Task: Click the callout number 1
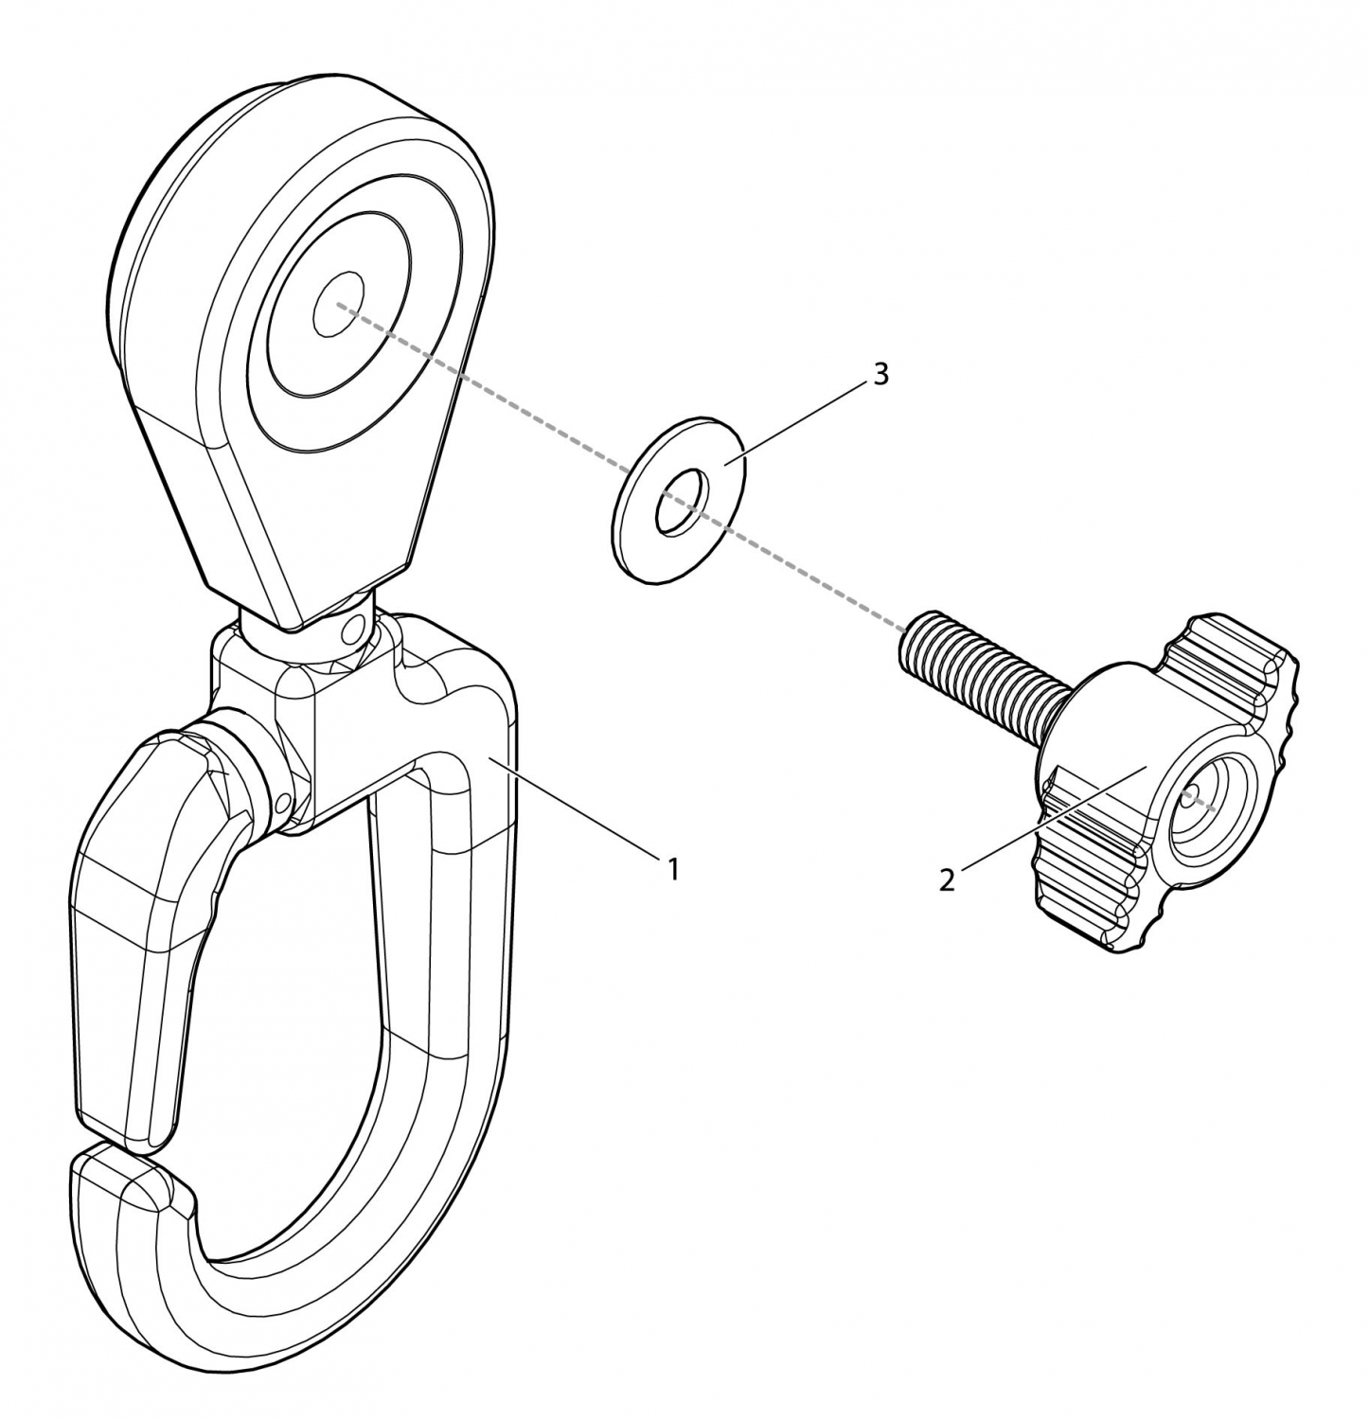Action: click(x=673, y=869)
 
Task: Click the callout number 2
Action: click(x=947, y=879)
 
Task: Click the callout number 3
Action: click(x=880, y=375)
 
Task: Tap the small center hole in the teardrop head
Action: click(x=338, y=306)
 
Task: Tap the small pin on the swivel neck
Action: click(x=355, y=628)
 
